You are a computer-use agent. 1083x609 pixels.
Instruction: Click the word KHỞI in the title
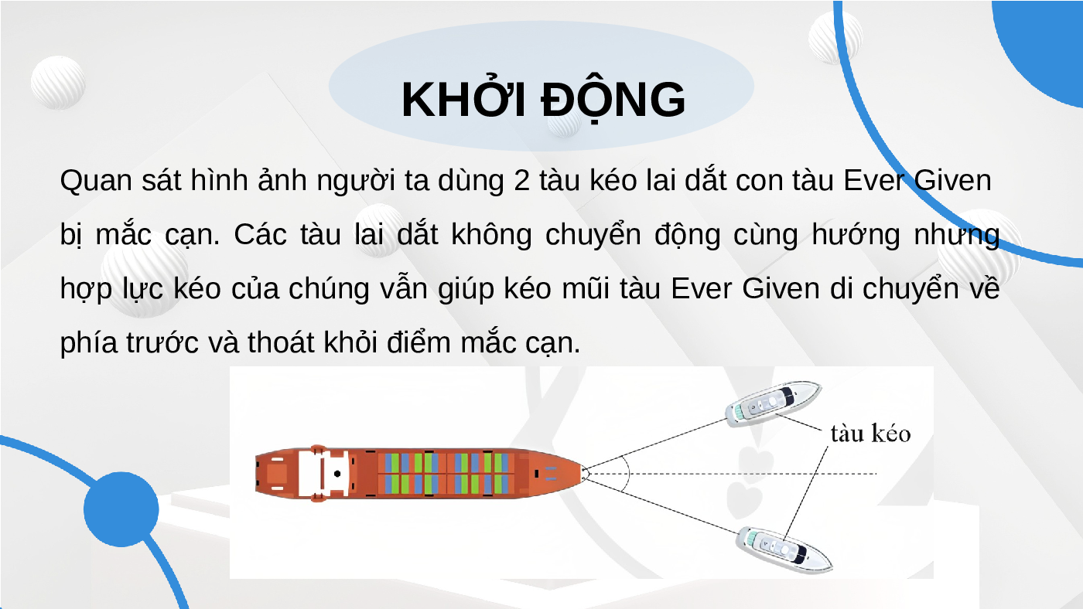click(463, 99)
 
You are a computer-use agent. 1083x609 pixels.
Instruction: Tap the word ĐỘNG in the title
click(613, 99)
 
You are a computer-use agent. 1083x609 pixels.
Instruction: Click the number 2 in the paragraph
click(521, 181)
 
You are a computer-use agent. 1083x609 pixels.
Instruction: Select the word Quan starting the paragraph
click(96, 181)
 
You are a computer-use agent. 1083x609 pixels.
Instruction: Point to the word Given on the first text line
click(952, 180)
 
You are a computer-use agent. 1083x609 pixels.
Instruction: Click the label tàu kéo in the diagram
click(870, 434)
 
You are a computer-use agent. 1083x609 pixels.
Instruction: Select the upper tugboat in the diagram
click(773, 403)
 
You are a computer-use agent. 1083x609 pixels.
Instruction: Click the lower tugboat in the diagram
click(783, 549)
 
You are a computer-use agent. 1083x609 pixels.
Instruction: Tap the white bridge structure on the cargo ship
click(323, 473)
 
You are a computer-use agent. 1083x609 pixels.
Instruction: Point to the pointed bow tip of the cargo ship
click(583, 473)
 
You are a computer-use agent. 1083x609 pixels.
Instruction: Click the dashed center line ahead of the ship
click(731, 473)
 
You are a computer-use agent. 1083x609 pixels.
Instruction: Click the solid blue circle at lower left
click(121, 509)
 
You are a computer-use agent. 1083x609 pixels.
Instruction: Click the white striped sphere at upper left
click(58, 82)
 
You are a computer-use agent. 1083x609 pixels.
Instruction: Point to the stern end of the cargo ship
click(257, 473)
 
